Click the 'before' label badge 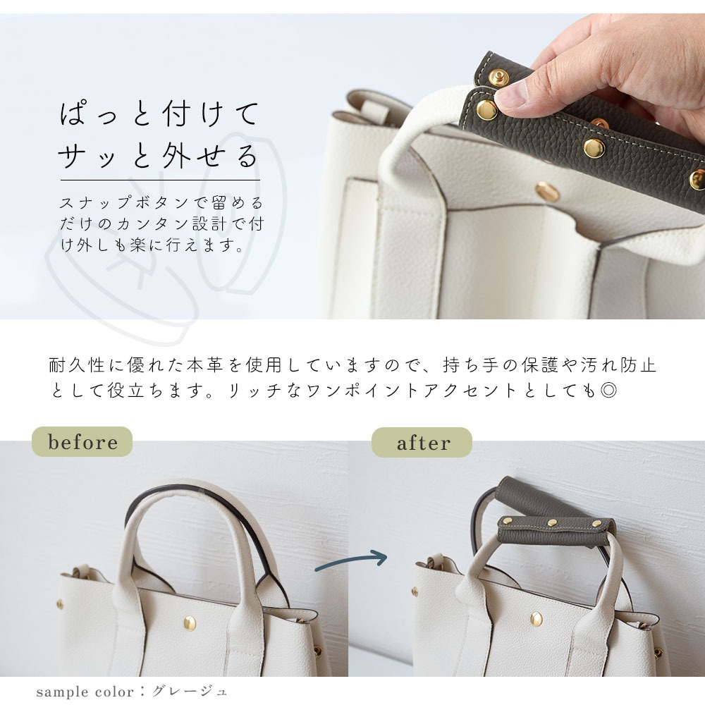(x=82, y=442)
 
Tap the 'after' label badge (x=422, y=443)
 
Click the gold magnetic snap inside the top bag (x=544, y=190)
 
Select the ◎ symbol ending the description (x=608, y=391)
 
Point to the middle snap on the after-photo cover (x=553, y=523)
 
